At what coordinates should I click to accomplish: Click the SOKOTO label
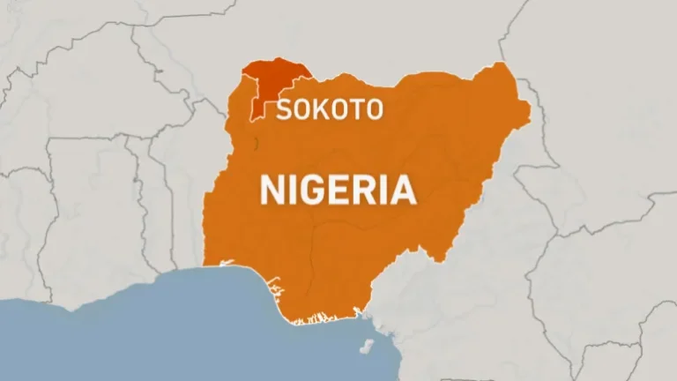[x=330, y=109]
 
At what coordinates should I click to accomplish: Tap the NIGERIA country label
[x=337, y=190]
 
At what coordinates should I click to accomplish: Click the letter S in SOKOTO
[x=285, y=109]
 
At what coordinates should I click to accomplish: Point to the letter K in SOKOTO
[x=321, y=109]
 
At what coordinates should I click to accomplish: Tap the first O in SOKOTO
[x=302, y=109]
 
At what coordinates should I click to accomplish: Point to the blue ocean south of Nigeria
[x=176, y=326]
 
